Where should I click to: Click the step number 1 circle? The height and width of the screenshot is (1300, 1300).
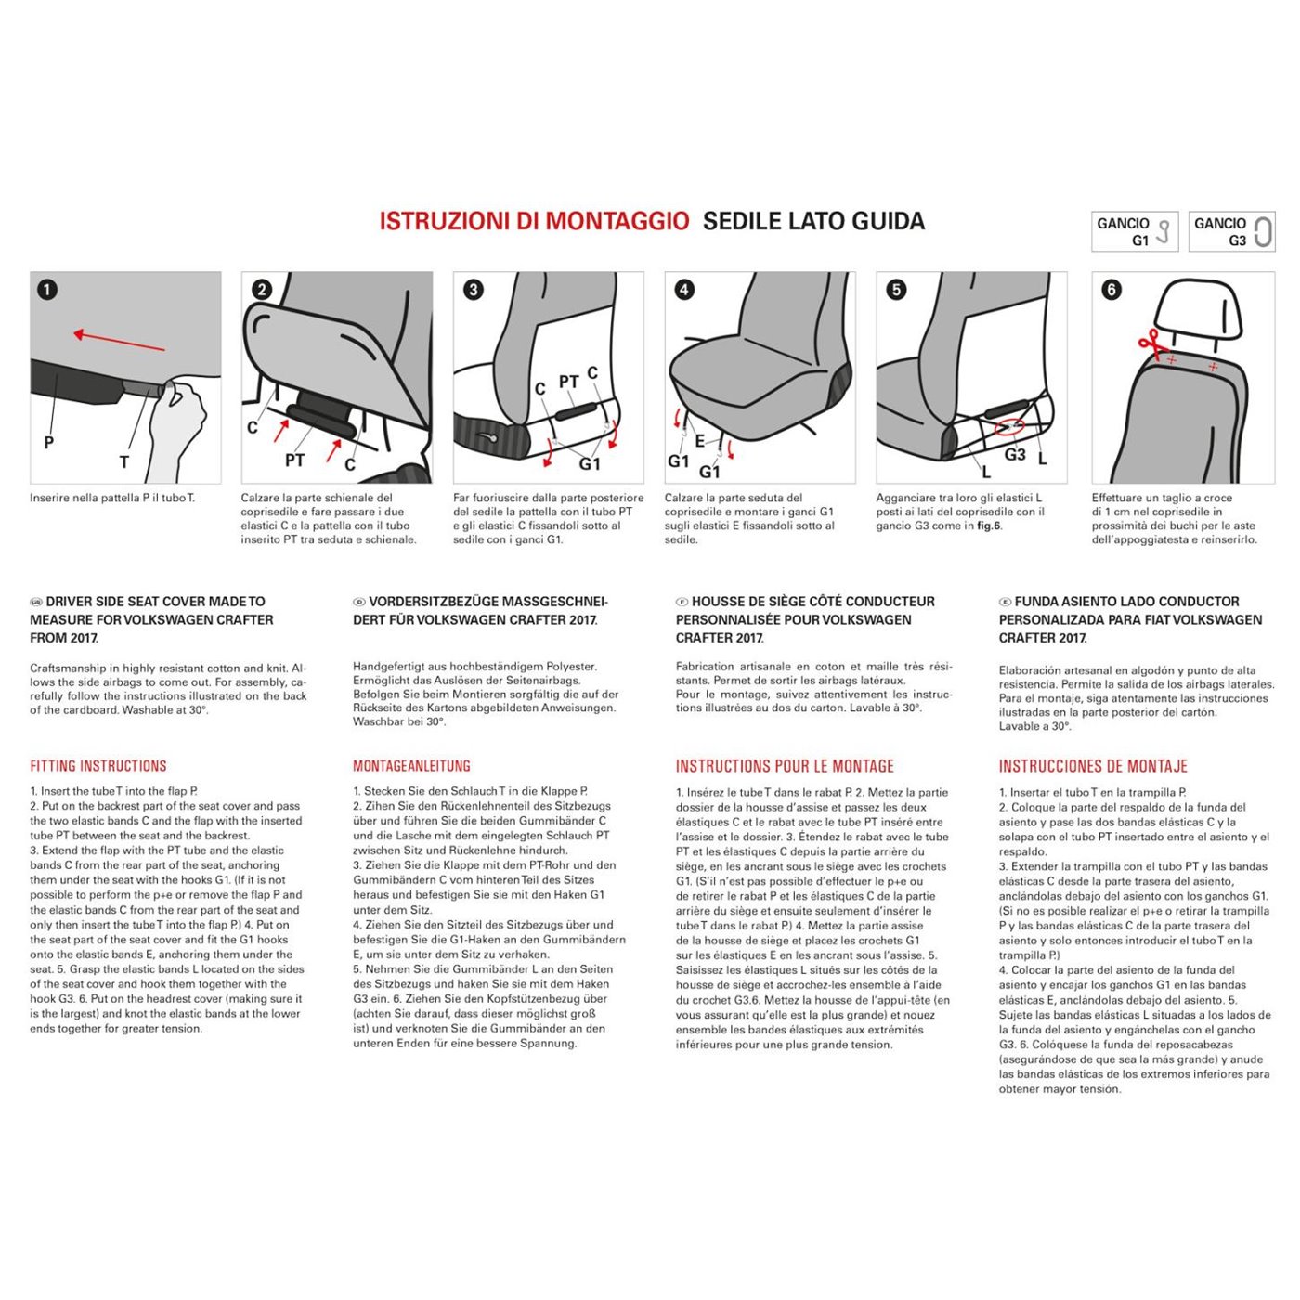pos(47,290)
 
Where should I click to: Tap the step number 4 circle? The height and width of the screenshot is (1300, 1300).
pos(684,290)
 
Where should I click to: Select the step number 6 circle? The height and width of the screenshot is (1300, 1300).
pos(1111,290)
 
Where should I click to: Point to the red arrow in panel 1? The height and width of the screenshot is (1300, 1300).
pos(119,341)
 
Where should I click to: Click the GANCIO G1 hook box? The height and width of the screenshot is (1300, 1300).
pos(1135,231)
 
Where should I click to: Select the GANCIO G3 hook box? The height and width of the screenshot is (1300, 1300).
pos(1231,231)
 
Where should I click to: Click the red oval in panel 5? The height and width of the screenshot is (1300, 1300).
pos(1009,428)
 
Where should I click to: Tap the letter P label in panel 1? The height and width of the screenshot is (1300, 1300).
pos(49,443)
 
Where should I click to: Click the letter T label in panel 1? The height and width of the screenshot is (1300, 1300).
pos(124,461)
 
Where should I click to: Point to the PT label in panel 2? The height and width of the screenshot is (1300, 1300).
pos(294,461)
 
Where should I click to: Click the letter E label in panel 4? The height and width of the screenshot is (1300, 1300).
pos(700,441)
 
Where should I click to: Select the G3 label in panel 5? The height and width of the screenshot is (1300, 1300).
pos(1015,455)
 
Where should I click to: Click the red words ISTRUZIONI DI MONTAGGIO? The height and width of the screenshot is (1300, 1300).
pos(534,221)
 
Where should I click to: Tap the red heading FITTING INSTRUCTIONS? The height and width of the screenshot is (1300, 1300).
pos(98,766)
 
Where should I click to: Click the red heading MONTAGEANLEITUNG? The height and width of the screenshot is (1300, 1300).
pos(411,766)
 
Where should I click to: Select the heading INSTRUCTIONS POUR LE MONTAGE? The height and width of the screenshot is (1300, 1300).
pos(785,766)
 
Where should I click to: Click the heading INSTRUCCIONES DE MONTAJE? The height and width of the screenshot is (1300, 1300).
pos(1093,766)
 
